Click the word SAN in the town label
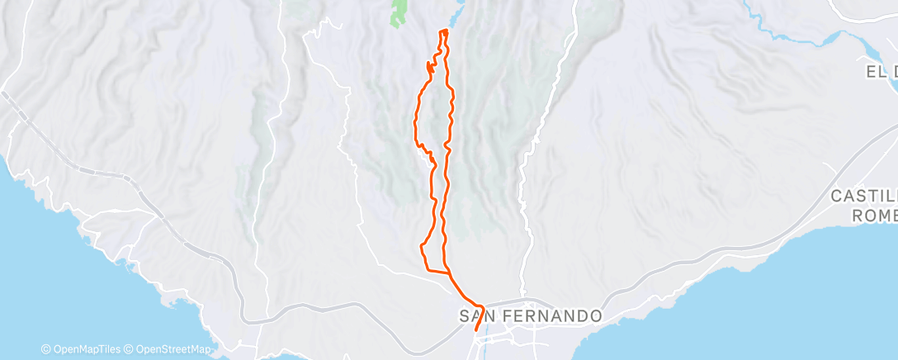pos(476,316)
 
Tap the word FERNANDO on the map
pos(549,316)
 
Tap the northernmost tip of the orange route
pos(444,31)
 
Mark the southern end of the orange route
pos(476,331)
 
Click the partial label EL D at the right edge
pos(881,72)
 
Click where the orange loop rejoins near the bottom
pos(450,272)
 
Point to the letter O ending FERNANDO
pos(597,316)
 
